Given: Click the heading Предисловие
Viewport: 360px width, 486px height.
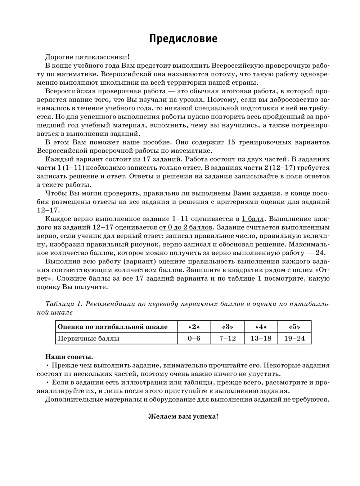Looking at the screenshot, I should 183,39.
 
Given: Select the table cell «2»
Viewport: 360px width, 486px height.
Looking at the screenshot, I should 194,327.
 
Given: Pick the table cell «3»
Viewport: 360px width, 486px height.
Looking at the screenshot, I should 227,327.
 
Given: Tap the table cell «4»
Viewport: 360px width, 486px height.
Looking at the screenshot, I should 261,327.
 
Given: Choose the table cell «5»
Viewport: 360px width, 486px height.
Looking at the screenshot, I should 294,327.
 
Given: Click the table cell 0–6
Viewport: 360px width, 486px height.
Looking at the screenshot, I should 194,338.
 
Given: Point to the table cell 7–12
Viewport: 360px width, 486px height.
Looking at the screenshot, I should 227,338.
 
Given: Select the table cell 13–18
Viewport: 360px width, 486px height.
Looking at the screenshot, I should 261,338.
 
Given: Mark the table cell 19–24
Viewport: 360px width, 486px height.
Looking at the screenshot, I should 294,338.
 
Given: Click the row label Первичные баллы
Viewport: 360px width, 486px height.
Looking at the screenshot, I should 89,338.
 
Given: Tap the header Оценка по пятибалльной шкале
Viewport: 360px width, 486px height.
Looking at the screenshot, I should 113,327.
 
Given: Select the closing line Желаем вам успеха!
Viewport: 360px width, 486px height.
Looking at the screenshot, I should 183,416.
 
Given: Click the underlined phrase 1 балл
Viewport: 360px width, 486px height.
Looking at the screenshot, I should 253,219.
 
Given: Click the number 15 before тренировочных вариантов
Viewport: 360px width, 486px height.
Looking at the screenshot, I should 231,142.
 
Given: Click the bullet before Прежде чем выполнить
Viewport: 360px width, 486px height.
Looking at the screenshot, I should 48,365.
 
